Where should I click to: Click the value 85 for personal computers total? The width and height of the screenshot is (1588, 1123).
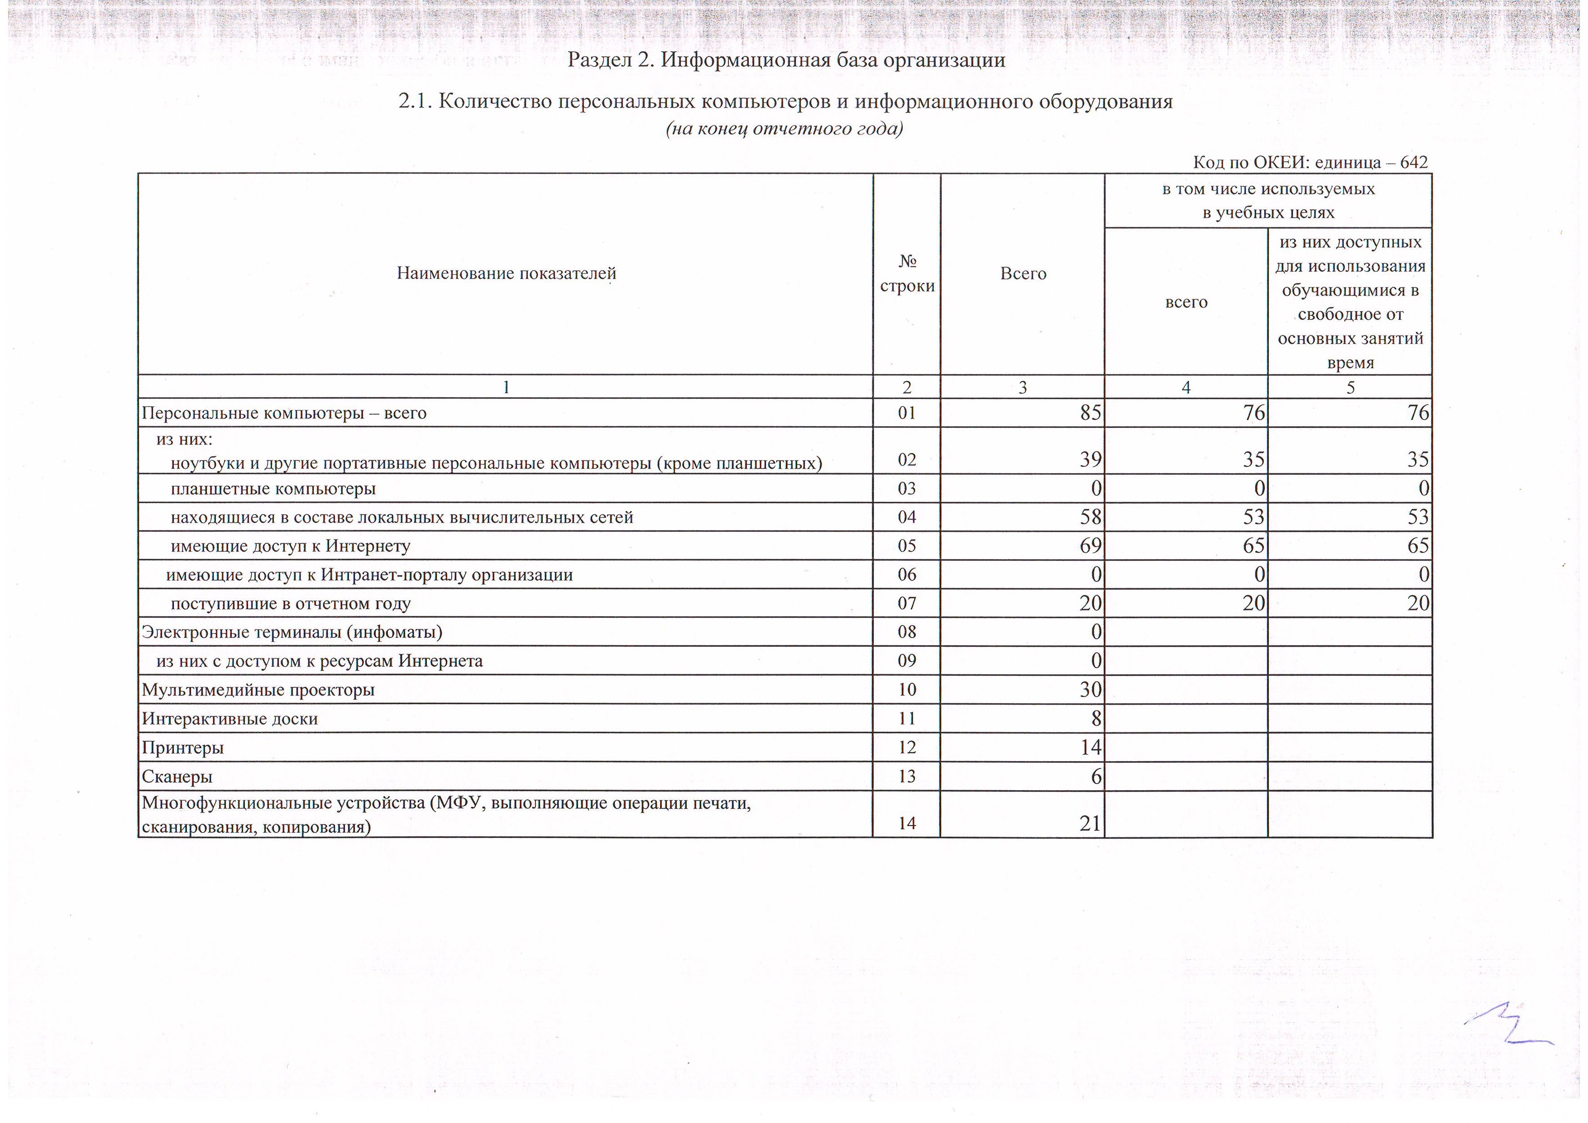click(1090, 413)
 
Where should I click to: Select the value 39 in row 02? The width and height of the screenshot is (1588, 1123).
click(1090, 460)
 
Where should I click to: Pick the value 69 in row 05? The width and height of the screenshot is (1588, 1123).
click(1090, 546)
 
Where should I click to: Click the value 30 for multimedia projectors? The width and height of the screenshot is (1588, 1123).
click(1090, 690)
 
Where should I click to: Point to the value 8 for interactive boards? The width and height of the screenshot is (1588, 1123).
click(1095, 719)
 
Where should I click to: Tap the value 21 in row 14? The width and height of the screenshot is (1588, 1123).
click(1090, 823)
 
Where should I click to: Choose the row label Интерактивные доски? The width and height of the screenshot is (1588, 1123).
click(230, 719)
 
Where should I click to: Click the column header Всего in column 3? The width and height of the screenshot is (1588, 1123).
click(1023, 274)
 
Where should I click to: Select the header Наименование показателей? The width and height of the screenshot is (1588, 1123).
click(506, 274)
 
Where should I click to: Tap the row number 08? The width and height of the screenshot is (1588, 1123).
click(906, 632)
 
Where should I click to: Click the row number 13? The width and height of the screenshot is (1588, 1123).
click(906, 776)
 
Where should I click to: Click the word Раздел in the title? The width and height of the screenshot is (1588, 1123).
click(599, 60)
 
